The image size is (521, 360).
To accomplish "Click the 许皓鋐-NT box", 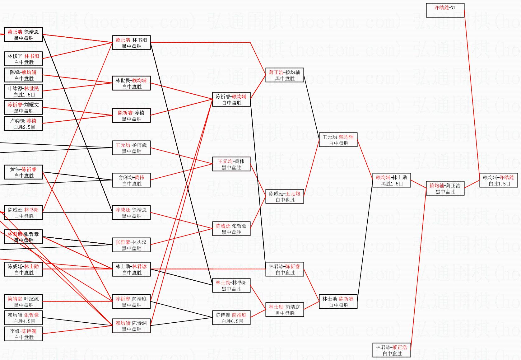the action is (x=445, y=10).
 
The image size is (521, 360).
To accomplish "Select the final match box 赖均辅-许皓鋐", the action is (x=499, y=180).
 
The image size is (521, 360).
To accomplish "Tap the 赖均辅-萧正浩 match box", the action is (x=445, y=189).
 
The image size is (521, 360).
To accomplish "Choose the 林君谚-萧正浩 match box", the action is (x=392, y=350).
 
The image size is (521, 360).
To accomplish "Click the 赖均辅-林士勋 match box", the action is (x=391, y=180).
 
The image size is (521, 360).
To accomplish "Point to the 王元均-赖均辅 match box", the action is (x=338, y=140).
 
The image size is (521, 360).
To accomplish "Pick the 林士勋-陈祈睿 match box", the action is (x=338, y=302).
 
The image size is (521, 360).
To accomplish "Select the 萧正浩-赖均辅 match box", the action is (x=285, y=75).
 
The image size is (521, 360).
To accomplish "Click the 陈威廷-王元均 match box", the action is (x=285, y=197).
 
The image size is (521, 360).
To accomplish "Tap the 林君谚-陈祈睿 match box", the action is (x=285, y=269).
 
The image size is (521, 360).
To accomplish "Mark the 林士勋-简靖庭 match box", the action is (x=285, y=310).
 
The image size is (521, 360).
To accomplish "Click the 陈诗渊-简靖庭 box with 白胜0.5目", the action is (x=231, y=318).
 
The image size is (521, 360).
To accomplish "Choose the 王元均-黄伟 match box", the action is (x=231, y=164).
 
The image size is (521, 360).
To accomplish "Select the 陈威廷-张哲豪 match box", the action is (x=231, y=229).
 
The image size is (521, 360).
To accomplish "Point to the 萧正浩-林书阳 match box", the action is (x=131, y=43).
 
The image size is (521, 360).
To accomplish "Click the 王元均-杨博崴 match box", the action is (x=131, y=148).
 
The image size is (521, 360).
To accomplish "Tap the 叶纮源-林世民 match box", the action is (x=24, y=91).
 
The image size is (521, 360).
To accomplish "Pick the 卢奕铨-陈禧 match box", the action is (x=24, y=124).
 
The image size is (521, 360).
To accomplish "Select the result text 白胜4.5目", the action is (x=24, y=321).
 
